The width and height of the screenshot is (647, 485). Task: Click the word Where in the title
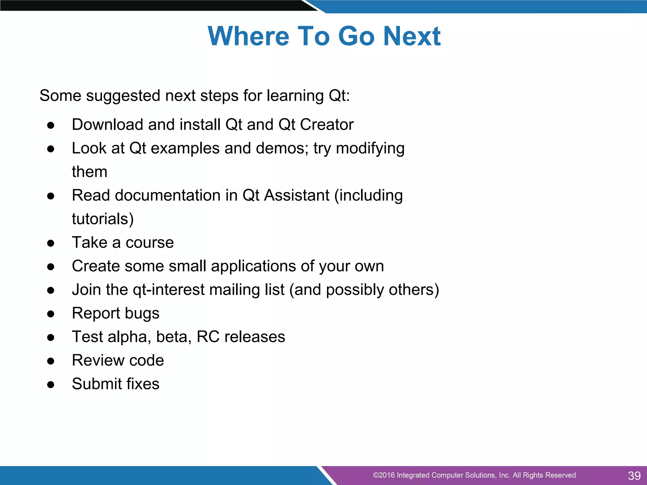pyautogui.click(x=248, y=36)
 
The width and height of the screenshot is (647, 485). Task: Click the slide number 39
pyautogui.click(x=634, y=476)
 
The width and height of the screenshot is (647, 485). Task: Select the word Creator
pyautogui.click(x=327, y=124)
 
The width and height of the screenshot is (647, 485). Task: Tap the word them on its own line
pyautogui.click(x=89, y=172)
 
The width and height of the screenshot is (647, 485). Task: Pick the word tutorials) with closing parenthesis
pyautogui.click(x=103, y=219)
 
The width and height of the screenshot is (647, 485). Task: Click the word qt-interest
pyautogui.click(x=169, y=290)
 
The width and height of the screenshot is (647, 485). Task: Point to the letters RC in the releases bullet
pyautogui.click(x=208, y=337)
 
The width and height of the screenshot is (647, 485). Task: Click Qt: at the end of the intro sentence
pyautogui.click(x=339, y=96)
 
